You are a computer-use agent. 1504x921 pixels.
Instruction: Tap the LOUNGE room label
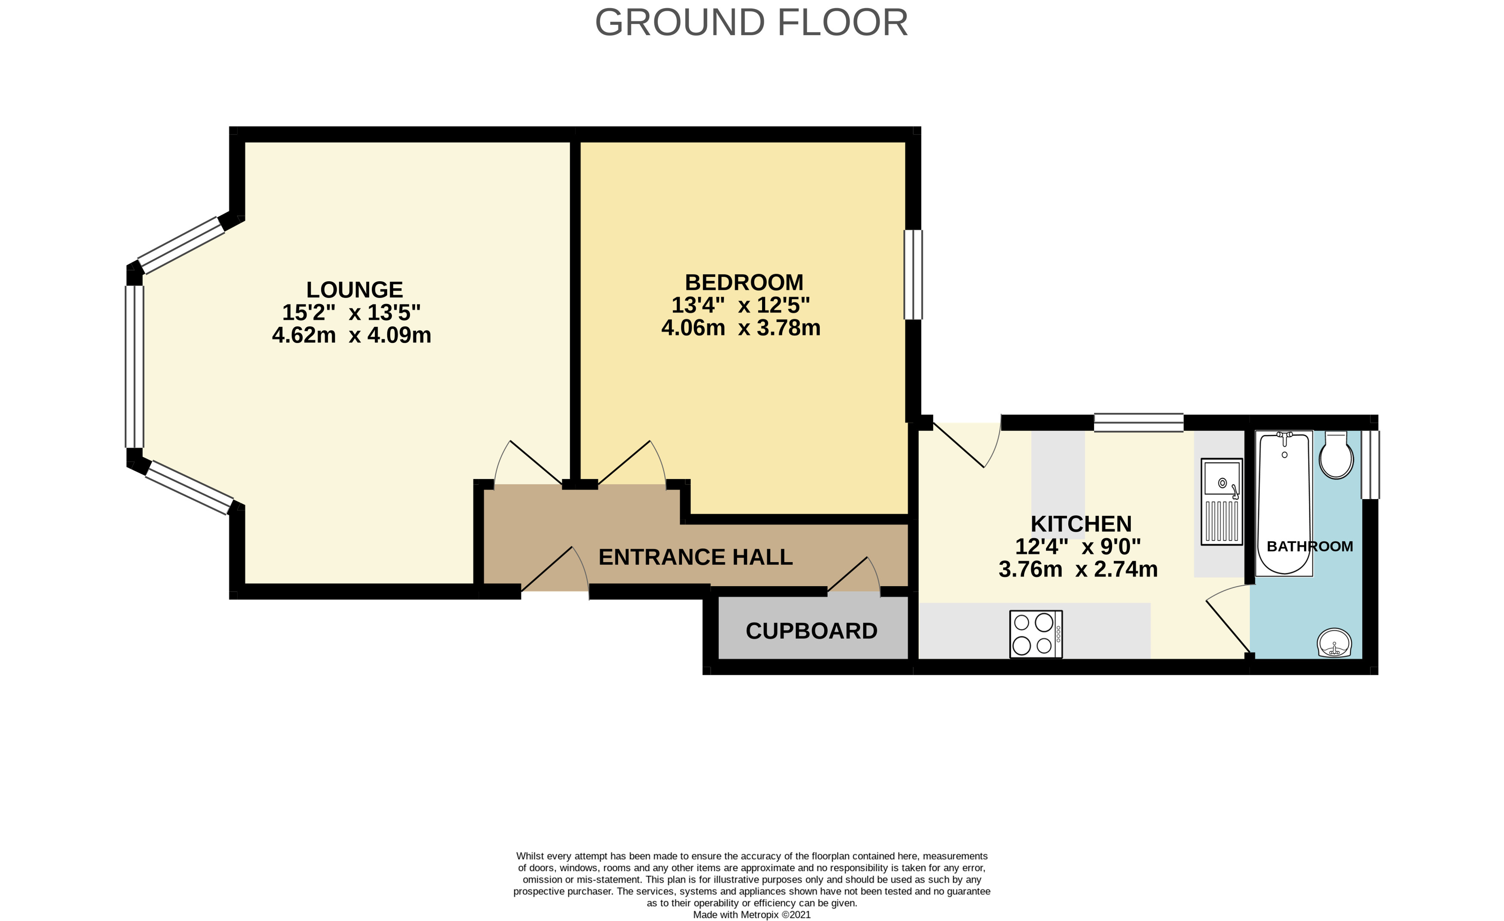(x=355, y=289)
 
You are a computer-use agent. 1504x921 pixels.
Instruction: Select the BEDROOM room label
(x=744, y=283)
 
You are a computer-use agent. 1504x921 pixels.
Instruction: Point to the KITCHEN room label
(x=1081, y=524)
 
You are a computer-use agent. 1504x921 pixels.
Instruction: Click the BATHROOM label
(x=1310, y=546)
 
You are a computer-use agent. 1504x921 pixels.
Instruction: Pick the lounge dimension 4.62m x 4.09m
(x=352, y=335)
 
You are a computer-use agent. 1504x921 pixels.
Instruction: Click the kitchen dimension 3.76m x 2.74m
(x=1078, y=569)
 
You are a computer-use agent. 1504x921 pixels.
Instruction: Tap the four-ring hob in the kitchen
(x=1036, y=634)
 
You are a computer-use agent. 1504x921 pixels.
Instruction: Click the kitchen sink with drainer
(x=1221, y=502)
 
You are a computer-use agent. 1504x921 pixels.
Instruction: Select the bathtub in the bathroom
(x=1284, y=503)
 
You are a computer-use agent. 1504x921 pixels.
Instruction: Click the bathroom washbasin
(x=1335, y=643)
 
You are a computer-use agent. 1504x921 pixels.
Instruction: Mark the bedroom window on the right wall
(x=913, y=275)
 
